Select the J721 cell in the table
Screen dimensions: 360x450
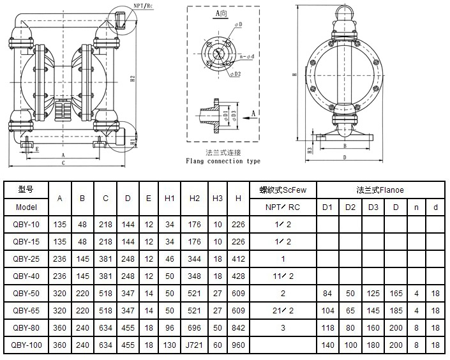point(195,345)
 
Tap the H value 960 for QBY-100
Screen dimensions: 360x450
point(238,345)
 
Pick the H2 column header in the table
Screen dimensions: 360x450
point(195,199)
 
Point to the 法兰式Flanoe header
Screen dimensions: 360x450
point(380,190)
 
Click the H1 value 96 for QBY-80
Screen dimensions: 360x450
point(169,327)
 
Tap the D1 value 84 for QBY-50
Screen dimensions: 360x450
point(327,293)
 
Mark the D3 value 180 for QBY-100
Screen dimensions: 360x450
point(373,345)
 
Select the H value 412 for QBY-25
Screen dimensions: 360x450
point(238,259)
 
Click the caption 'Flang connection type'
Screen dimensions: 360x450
point(223,161)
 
